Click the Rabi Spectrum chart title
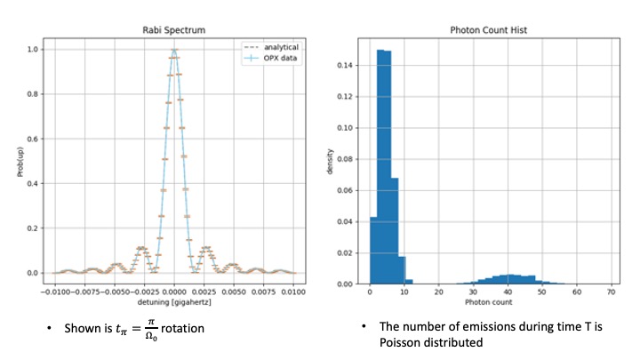pos(174,30)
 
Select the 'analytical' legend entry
pos(276,44)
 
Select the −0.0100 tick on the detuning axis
pos(53,290)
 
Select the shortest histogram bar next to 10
pos(402,270)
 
